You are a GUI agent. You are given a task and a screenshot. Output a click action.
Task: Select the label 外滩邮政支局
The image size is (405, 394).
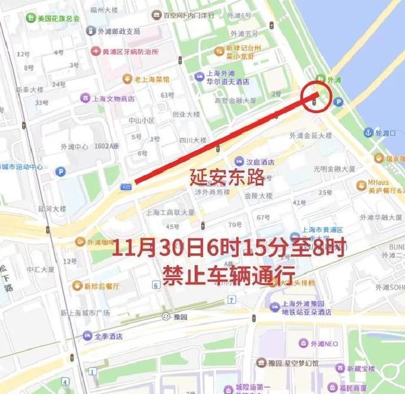point(121,31)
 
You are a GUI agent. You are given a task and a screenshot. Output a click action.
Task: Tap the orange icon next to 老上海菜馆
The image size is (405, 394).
point(127,78)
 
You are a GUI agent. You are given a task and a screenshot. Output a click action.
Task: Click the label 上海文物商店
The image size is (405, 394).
point(113,98)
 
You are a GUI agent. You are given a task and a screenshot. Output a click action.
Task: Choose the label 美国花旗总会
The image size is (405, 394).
point(58,18)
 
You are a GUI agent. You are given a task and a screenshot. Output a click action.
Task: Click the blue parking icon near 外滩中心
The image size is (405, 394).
point(60,172)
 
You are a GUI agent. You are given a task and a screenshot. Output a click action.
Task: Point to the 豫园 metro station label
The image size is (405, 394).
point(179,316)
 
